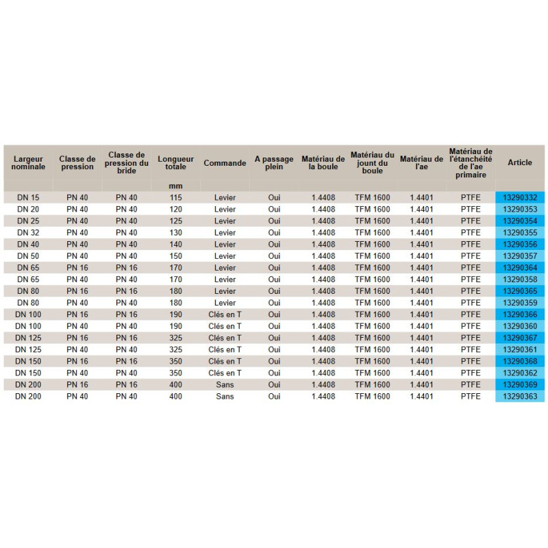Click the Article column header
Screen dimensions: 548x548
520,163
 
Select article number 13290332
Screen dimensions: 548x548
520,197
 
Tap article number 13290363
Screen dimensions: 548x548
520,396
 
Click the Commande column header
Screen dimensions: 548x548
225,163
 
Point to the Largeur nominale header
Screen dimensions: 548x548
28,163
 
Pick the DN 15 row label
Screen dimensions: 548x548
28,197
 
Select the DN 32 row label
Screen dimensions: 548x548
28,232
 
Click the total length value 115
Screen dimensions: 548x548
176,197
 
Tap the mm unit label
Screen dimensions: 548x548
176,186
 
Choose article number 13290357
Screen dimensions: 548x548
520,256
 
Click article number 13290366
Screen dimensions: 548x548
520,314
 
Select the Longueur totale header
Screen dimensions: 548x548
176,163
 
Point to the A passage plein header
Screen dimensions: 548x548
274,163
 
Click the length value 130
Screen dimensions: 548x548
176,232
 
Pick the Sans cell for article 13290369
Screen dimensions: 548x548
225,384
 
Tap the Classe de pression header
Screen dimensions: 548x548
77,163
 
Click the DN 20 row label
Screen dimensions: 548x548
28,209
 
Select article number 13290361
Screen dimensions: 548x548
520,349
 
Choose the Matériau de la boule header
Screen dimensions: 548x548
323,163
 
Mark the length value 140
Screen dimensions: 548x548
176,244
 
